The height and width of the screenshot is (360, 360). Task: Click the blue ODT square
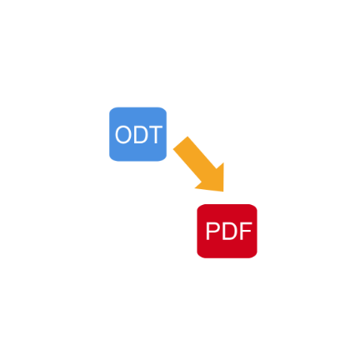[x=137, y=134]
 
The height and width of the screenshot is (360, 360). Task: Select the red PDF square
[x=227, y=231]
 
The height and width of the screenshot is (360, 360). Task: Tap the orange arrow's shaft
[x=194, y=158]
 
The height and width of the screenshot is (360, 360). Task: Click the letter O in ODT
[x=123, y=135]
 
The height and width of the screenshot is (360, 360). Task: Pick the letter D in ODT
[x=141, y=135]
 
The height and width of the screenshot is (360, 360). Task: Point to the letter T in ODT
[x=155, y=135]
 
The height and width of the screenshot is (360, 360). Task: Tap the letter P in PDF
[x=212, y=231]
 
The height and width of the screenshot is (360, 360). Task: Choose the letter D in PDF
[x=229, y=231]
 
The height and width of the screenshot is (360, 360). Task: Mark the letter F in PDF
[x=246, y=231]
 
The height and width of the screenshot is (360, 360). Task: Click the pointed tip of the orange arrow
[x=223, y=191]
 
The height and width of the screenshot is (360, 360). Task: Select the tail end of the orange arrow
[x=181, y=142]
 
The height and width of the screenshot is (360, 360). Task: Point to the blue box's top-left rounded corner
[x=112, y=110]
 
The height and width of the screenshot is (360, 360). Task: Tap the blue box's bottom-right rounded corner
[x=164, y=158]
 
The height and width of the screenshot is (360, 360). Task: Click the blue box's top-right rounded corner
[x=164, y=110]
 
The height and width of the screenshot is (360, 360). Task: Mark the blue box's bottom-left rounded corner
[x=112, y=158]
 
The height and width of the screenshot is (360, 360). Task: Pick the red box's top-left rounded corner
[x=199, y=207]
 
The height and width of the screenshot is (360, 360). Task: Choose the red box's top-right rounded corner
[x=255, y=207]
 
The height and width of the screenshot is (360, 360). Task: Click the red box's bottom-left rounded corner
[x=199, y=256]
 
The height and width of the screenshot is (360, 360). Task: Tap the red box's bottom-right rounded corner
[x=255, y=256]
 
